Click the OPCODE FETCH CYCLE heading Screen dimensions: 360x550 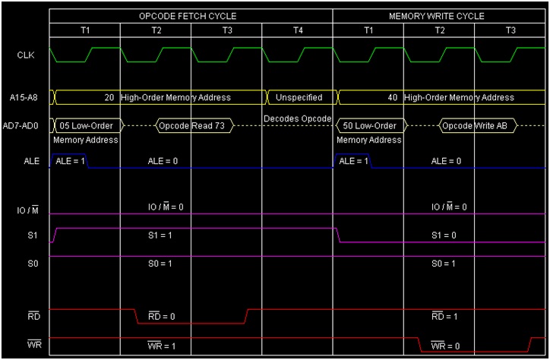pyautogui.click(x=188, y=16)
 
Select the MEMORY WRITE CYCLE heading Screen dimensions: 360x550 pyautogui.click(x=436, y=16)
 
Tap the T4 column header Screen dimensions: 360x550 pyautogui.click(x=297, y=30)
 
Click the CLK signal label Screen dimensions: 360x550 pyautogui.click(x=25, y=55)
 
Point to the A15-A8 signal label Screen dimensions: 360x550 pyautogui.click(x=25, y=97)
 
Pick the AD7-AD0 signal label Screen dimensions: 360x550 pyautogui.click(x=25, y=125)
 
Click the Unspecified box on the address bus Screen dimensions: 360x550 pyautogui.click(x=299, y=97)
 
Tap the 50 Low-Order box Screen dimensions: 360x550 pyautogui.click(x=371, y=125)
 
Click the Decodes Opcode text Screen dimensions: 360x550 pyautogui.click(x=297, y=118)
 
